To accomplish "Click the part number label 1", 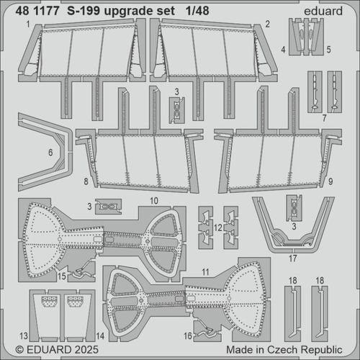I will (x=27, y=24).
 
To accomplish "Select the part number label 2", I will (x=266, y=24).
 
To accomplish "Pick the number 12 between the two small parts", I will (x=218, y=227).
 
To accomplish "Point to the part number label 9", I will (x=330, y=183).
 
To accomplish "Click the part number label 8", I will (x=86, y=183).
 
